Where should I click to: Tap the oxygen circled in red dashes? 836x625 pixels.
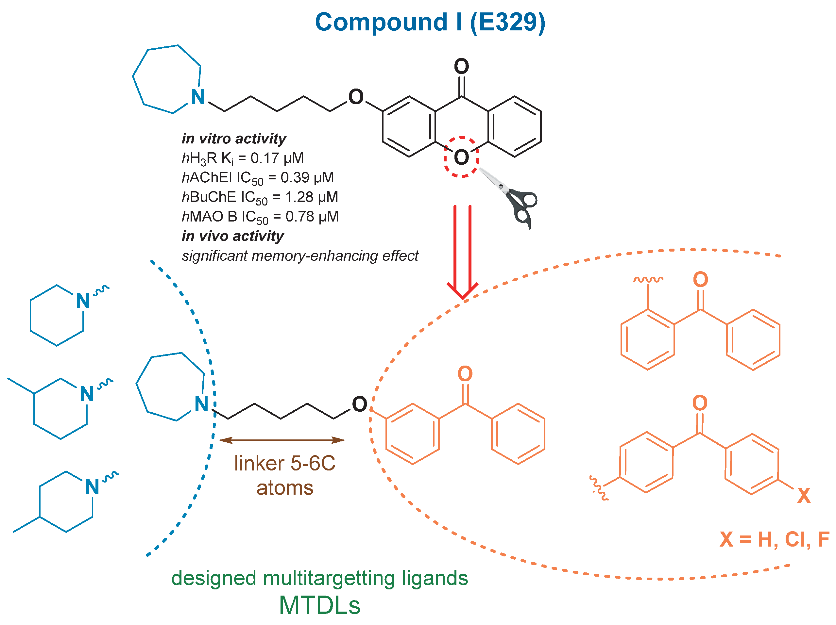point(461,157)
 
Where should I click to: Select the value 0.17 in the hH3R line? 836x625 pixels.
point(264,158)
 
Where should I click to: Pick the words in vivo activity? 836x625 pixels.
point(232,236)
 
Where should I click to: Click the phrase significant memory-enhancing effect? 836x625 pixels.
point(300,256)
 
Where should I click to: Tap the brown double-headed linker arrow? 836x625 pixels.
point(282,440)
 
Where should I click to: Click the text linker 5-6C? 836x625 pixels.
point(284,463)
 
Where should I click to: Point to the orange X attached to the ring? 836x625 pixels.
point(804,496)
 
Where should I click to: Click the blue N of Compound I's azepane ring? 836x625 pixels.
point(198,97)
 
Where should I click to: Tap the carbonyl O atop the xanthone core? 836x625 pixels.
point(461,66)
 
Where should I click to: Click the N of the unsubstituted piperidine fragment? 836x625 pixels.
point(83,301)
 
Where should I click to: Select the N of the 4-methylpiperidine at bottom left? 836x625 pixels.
point(92,487)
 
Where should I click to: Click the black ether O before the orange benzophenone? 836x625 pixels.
point(359,404)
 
